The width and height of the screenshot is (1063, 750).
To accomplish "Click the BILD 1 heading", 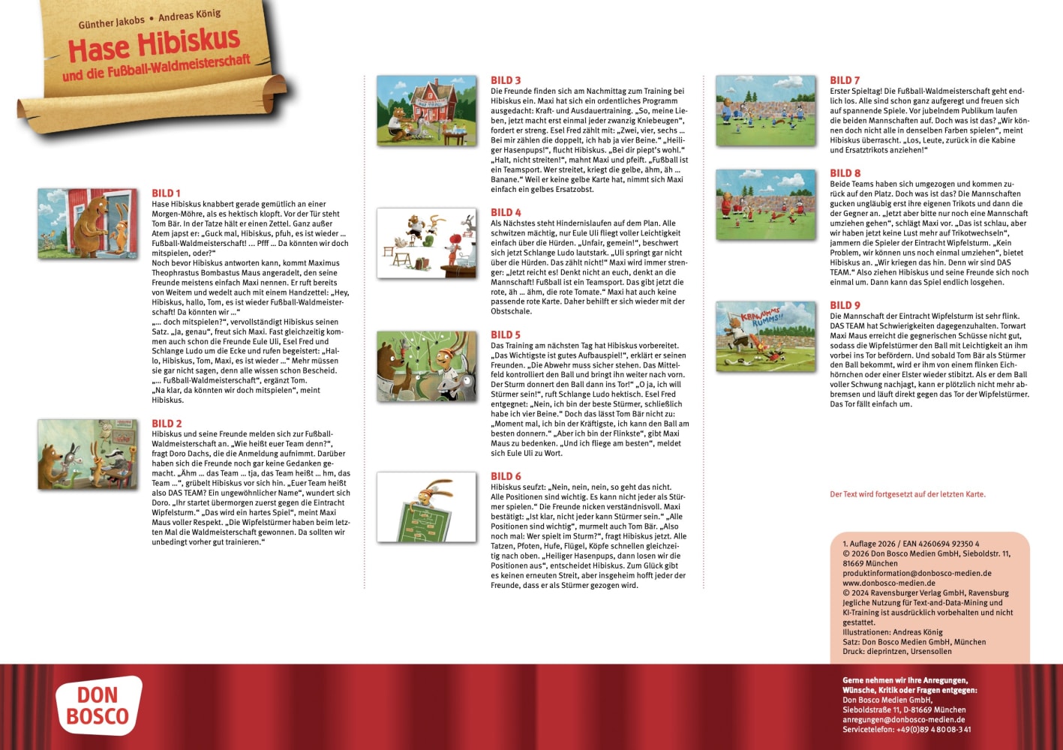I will pyautogui.click(x=166, y=193).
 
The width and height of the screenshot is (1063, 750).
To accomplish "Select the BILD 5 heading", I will pyautogui.click(x=506, y=334).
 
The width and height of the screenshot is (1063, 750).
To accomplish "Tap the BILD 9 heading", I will pyautogui.click(x=845, y=305).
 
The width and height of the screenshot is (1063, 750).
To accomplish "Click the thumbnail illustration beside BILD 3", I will pyautogui.click(x=426, y=109).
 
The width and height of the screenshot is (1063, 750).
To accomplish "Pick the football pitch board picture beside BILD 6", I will pyautogui.click(x=426, y=507).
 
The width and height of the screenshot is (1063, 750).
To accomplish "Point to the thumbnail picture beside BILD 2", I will pyautogui.click(x=88, y=454).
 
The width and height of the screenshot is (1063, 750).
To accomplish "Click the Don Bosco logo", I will pyautogui.click(x=98, y=706).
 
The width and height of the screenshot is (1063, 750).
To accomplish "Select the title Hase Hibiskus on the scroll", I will pyautogui.click(x=154, y=45).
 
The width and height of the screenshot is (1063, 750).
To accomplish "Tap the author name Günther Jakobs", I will pyautogui.click(x=112, y=22).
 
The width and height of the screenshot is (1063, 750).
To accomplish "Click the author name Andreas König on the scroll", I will pyautogui.click(x=189, y=15).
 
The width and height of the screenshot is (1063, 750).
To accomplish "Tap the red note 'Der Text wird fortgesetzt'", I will pyautogui.click(x=907, y=494).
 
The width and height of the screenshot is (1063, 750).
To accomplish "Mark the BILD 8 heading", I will pyautogui.click(x=845, y=173).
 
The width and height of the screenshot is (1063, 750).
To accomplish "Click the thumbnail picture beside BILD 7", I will pyautogui.click(x=765, y=109).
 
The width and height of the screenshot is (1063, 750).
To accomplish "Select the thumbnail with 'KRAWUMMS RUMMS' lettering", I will pyautogui.click(x=765, y=336).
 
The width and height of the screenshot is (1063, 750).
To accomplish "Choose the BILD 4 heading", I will pyautogui.click(x=506, y=212).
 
